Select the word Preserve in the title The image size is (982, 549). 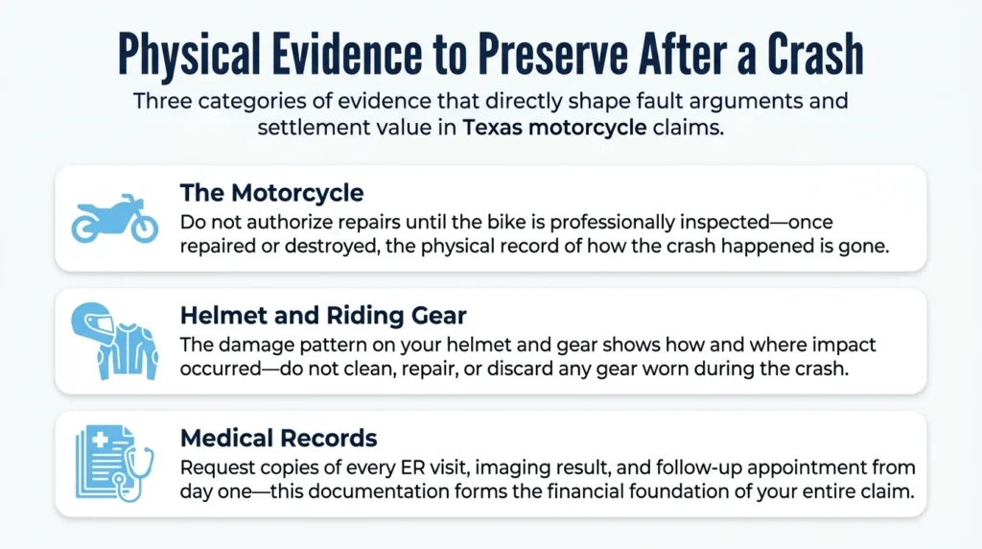pos(552,54)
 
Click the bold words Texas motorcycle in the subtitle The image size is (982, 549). pos(554,128)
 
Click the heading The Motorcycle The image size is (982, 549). pos(271,193)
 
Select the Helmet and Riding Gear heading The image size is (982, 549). pos(323,315)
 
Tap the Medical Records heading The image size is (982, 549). pos(279,438)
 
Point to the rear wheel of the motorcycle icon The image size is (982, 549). pos(85,227)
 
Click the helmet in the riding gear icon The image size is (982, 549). pos(91,322)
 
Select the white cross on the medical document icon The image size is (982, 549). pos(100,440)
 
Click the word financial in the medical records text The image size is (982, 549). pos(586,491)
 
